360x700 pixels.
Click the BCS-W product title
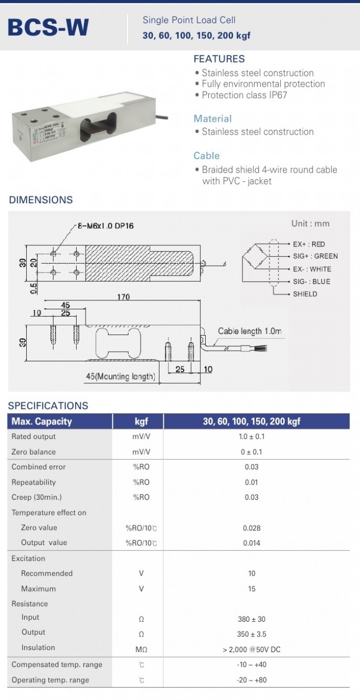48,28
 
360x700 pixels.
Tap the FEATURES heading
219,59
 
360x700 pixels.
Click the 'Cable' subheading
206,155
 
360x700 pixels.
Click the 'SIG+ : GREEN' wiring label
315,256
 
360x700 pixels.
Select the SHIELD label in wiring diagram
305,294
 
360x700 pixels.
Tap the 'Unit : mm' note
310,223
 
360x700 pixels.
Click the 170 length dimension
123,297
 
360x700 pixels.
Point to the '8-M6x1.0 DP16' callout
105,226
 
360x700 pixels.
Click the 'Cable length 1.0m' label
249,331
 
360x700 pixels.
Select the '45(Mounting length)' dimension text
121,376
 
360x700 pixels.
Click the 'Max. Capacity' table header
41,421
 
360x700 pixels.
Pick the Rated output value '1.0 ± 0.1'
251,436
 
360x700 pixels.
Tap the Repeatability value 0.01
251,482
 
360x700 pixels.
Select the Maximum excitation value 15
251,589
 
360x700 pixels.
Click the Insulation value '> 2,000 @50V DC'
251,650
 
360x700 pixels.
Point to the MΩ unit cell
141,650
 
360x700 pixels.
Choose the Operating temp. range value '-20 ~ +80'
251,680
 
